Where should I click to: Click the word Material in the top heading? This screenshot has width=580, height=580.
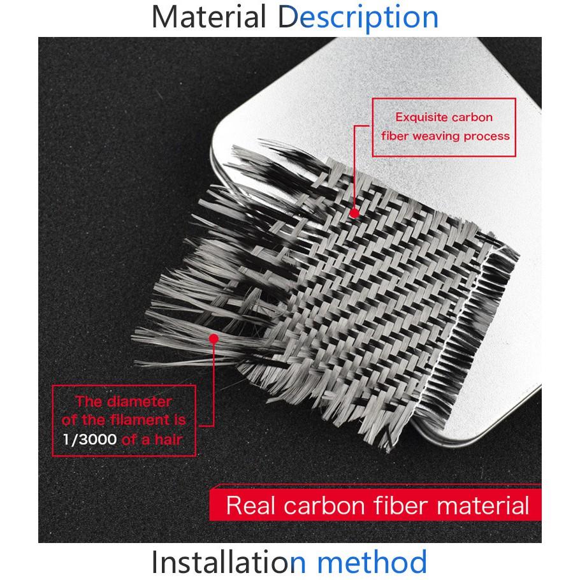point(208,17)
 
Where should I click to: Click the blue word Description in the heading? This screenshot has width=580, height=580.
point(358,18)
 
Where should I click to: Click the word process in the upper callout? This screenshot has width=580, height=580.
point(487,137)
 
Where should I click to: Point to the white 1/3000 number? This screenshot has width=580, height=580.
point(90,439)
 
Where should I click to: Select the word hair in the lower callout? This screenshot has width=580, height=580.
point(169,439)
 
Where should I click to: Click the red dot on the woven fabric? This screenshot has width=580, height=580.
point(354,213)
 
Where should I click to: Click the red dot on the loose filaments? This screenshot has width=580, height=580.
point(214,338)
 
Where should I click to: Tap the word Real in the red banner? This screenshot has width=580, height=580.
point(251,505)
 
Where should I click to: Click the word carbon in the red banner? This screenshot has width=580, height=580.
point(325,505)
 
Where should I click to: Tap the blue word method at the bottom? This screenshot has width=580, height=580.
point(372,562)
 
